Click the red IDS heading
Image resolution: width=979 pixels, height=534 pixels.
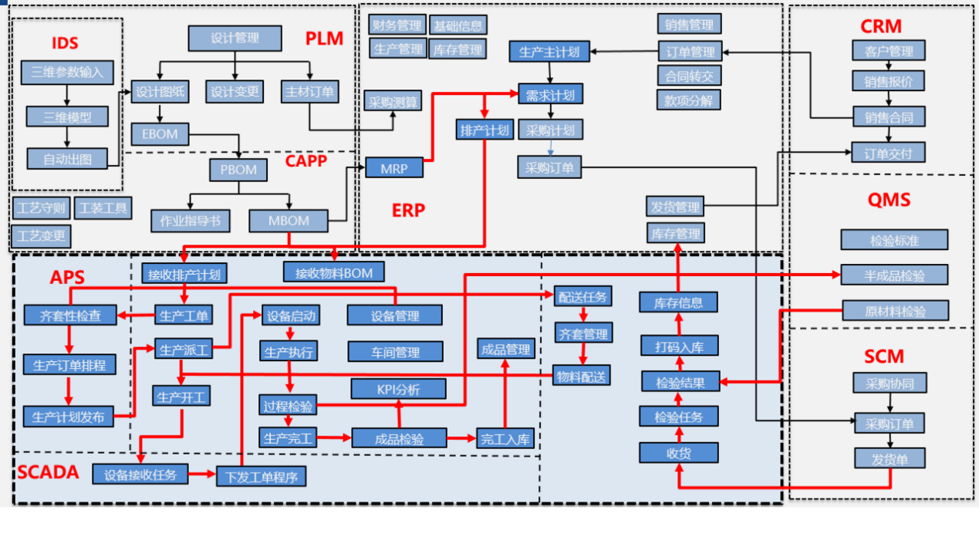click(x=65, y=42)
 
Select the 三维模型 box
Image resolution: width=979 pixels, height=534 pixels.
click(x=67, y=117)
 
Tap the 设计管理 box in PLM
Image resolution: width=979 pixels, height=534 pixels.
click(x=235, y=38)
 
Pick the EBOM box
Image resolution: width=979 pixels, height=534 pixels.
click(x=160, y=133)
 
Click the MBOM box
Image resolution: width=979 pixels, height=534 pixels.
click(x=289, y=221)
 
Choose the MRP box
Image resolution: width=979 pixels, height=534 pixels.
click(x=393, y=168)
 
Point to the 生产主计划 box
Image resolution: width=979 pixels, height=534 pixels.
click(x=549, y=52)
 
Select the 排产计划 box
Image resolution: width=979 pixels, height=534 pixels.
click(x=484, y=130)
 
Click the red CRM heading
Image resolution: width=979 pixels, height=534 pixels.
click(x=880, y=26)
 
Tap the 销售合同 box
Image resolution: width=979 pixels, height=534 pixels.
click(x=888, y=117)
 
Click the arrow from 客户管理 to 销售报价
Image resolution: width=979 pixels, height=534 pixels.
click(x=889, y=66)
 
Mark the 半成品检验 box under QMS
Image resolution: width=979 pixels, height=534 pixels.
click(x=894, y=275)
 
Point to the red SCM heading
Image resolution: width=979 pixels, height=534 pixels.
click(x=883, y=357)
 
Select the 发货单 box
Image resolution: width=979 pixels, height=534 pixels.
click(x=889, y=458)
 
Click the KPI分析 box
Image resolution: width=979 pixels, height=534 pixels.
click(x=398, y=389)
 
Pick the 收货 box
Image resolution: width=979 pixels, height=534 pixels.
click(x=678, y=453)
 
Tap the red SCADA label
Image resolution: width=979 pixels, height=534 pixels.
click(x=48, y=472)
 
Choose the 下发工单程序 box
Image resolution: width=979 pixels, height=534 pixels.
click(x=262, y=477)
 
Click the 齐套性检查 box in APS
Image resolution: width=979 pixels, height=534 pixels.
click(x=69, y=315)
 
